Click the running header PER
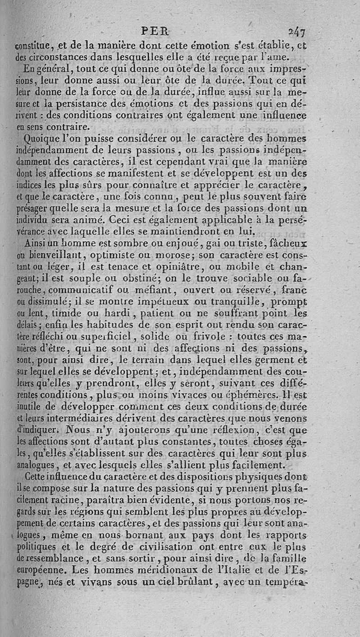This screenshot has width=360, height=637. (x=154, y=32)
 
